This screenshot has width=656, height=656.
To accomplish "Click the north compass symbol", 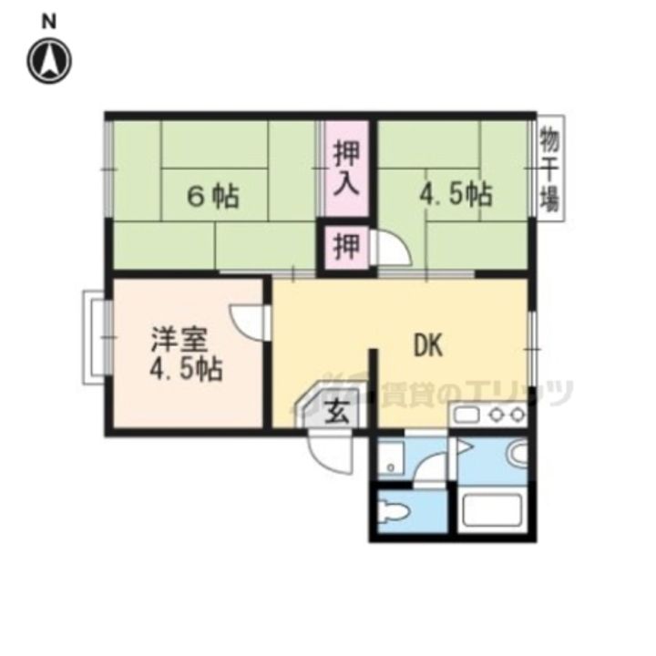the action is (49, 61).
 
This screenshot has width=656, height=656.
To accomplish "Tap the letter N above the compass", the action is (49, 22).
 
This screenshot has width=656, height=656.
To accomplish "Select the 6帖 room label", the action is (213, 196).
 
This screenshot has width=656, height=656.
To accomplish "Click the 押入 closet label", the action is (347, 169).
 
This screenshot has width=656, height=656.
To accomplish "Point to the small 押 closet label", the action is (346, 246).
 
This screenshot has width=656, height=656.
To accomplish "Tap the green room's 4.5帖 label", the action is (456, 194).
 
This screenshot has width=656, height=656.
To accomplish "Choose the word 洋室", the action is (179, 339).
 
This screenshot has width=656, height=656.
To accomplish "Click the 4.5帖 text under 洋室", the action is (186, 368).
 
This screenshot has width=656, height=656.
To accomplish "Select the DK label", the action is (428, 344).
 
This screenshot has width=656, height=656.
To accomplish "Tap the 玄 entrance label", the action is (337, 411).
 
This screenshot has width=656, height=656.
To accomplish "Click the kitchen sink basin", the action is (466, 415).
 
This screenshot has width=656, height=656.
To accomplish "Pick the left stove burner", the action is (497, 415).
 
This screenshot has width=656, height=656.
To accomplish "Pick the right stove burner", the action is (518, 415).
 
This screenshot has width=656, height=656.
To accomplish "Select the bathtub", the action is (492, 509).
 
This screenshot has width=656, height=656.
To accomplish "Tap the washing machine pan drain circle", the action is (391, 467).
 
